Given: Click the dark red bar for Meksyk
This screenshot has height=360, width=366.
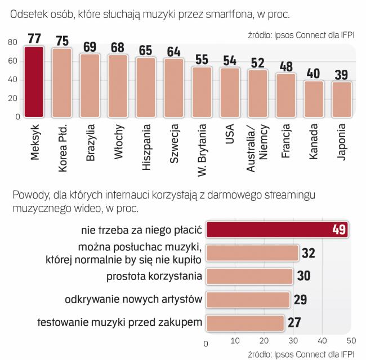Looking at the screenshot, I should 33,82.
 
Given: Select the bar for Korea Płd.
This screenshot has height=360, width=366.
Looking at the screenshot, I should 61,83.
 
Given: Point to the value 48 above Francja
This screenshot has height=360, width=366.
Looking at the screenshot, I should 286,66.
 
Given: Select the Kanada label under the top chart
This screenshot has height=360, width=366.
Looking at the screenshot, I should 314,144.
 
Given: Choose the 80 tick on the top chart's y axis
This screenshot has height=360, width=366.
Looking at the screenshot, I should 12,43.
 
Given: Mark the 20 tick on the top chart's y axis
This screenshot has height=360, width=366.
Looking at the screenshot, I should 12,98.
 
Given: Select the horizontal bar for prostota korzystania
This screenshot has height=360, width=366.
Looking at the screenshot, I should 249,276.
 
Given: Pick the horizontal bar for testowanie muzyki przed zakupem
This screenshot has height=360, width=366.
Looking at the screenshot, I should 245,323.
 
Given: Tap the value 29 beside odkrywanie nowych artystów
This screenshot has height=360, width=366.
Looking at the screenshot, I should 300,299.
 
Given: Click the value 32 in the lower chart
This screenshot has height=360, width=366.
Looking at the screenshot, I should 308,253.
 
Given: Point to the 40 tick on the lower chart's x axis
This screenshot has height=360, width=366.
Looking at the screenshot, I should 322,340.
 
